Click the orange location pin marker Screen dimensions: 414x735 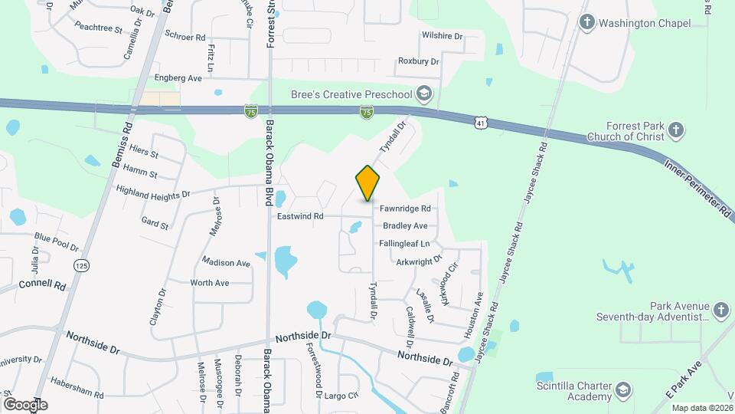point(367,183)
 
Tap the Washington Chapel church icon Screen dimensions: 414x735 point(587,22)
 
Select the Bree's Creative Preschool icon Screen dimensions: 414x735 point(424,94)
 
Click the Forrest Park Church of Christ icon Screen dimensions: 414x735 point(675,130)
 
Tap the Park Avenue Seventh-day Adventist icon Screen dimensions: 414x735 point(720,310)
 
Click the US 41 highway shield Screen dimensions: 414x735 point(480,122)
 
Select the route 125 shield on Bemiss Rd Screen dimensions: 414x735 point(80,265)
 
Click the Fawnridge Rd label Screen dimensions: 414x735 point(405,209)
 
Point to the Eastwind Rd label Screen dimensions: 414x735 point(301,217)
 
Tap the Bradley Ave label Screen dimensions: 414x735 point(405,226)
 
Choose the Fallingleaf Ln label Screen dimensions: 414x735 point(404,244)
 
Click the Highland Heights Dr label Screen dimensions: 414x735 point(152,192)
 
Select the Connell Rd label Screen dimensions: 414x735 point(43,284)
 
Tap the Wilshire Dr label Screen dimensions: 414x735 point(443,36)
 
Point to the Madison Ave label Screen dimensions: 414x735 point(227,263)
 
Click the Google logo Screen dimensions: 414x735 point(25,404)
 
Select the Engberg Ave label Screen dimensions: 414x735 point(178,78)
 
